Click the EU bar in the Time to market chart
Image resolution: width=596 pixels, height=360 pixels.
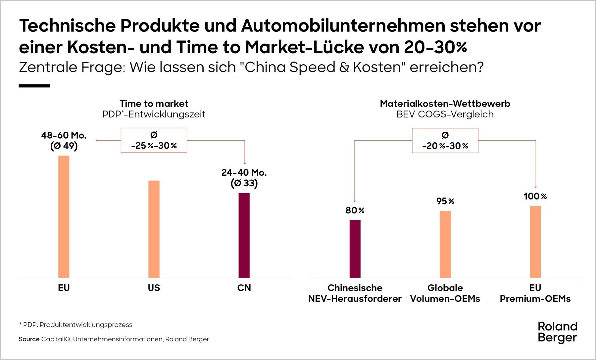(64, 217)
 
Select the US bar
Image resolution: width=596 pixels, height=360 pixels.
(154, 229)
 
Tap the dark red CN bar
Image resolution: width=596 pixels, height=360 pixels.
(244, 235)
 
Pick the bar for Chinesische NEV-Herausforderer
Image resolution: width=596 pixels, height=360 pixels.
(355, 249)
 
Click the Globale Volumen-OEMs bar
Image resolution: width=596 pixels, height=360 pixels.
(445, 244)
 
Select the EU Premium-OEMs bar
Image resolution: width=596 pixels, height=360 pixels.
(535, 242)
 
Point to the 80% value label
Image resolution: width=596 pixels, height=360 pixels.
(355, 210)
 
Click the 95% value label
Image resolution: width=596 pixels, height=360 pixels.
(445, 201)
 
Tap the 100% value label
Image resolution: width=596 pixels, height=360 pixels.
(535, 196)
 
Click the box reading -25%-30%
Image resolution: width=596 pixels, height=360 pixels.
(154, 140)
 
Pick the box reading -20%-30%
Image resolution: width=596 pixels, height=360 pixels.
(445, 141)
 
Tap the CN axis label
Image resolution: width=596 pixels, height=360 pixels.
(244, 288)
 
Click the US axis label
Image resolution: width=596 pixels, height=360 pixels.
(154, 288)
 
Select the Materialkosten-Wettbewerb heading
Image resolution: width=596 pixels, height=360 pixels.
(445, 104)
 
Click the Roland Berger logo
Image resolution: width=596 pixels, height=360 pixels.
(557, 332)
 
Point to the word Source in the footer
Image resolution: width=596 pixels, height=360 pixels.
(29, 339)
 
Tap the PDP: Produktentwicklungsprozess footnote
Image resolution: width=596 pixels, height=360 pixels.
(76, 325)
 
